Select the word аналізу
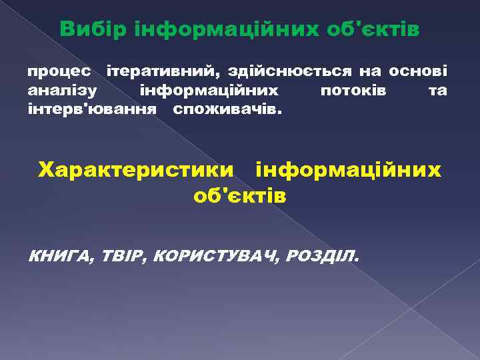(62, 89)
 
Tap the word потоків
(352, 89)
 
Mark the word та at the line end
(437, 89)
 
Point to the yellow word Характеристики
(137, 171)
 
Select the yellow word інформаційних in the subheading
(348, 171)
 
